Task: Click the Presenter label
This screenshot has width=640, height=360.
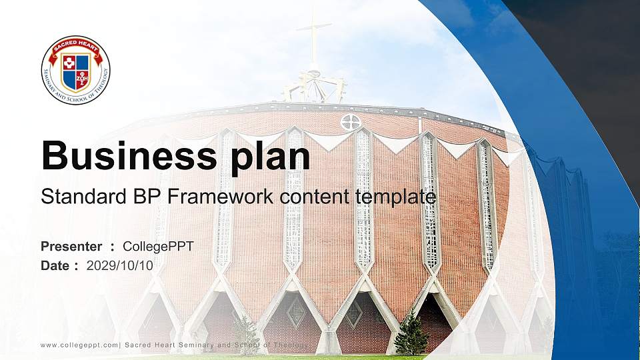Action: pyautogui.click(x=71, y=247)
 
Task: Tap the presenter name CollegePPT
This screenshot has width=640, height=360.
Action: pyautogui.click(x=158, y=247)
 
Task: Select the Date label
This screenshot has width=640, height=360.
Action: pyautogui.click(x=55, y=265)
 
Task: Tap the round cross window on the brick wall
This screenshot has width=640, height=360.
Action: pyautogui.click(x=350, y=122)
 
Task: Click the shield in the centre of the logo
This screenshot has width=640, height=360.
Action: pyautogui.click(x=75, y=72)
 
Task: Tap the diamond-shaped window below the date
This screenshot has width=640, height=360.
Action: pyautogui.click(x=295, y=311)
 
